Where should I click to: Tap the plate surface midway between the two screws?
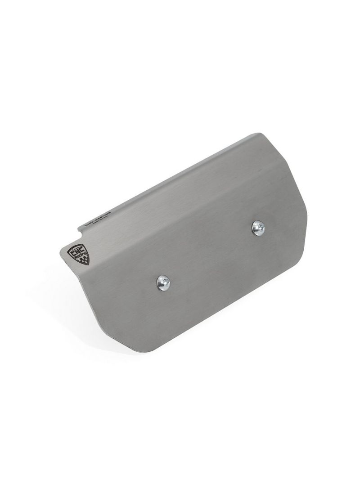point(211,255)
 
